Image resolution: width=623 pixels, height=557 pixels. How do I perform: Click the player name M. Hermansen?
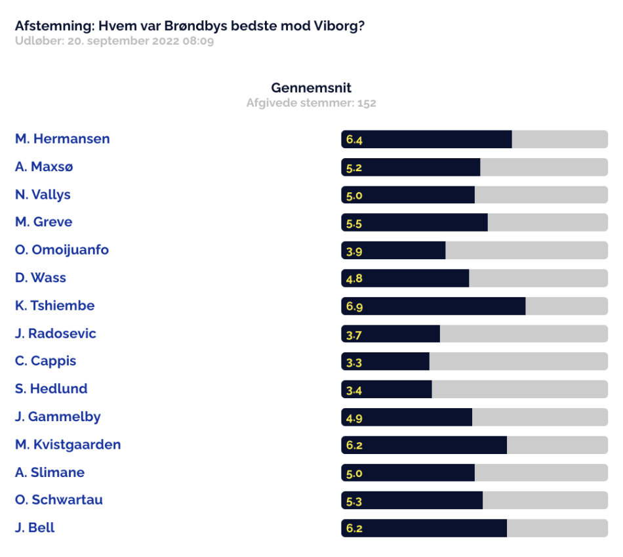pyautogui.click(x=62, y=138)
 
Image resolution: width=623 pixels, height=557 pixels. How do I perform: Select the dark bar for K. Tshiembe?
pyautogui.click(x=433, y=306)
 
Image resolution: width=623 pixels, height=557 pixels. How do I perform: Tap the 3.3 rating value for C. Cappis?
pyautogui.click(x=354, y=363)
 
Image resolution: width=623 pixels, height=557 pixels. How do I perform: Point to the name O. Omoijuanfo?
pyautogui.click(x=62, y=250)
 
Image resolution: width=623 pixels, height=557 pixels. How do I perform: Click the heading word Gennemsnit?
pyautogui.click(x=311, y=87)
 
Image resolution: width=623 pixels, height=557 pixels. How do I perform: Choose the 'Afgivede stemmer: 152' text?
pyautogui.click(x=311, y=103)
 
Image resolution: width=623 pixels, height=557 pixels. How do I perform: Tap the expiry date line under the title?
pyautogui.click(x=114, y=41)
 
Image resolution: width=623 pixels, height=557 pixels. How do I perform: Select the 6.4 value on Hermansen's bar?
pyautogui.click(x=354, y=140)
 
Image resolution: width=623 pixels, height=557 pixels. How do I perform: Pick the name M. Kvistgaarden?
pyautogui.click(x=68, y=445)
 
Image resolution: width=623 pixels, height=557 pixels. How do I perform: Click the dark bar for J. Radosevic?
pyautogui.click(x=391, y=333)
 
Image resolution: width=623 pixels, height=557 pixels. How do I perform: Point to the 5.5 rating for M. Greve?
pyautogui.click(x=354, y=224)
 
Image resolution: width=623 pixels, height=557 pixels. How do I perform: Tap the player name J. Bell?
pyautogui.click(x=35, y=527)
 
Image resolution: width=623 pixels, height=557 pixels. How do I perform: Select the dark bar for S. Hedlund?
pyautogui.click(x=387, y=389)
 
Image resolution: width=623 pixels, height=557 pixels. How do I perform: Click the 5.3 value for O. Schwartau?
pyautogui.click(x=354, y=501)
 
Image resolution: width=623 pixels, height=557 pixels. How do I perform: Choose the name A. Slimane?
pyautogui.click(x=50, y=472)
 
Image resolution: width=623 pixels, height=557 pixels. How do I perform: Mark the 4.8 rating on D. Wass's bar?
pyautogui.click(x=354, y=278)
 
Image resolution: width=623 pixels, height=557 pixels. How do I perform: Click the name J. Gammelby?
pyautogui.click(x=58, y=417)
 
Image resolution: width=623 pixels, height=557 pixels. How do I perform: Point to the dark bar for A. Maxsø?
pyautogui.click(x=411, y=167)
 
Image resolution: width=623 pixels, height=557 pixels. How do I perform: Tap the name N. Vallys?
pyautogui.click(x=43, y=195)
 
